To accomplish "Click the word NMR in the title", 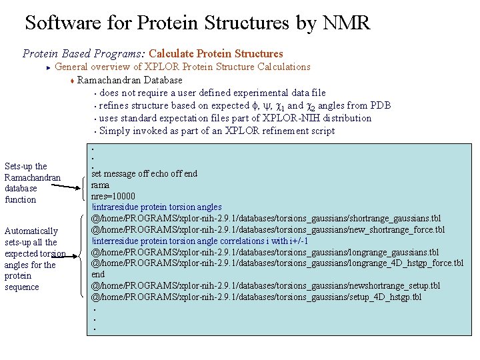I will point(346,23).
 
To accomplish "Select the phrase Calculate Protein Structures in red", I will point(216,53).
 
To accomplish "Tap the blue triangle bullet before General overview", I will point(49,67).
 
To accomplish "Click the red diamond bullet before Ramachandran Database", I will point(72,81).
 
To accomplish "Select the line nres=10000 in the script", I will point(113,196).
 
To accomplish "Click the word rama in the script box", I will point(100,185).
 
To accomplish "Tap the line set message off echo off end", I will point(144,174).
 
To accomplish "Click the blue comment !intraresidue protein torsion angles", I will point(157,207).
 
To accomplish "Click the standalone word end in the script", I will point(98,275).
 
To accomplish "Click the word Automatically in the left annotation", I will point(31,231).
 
